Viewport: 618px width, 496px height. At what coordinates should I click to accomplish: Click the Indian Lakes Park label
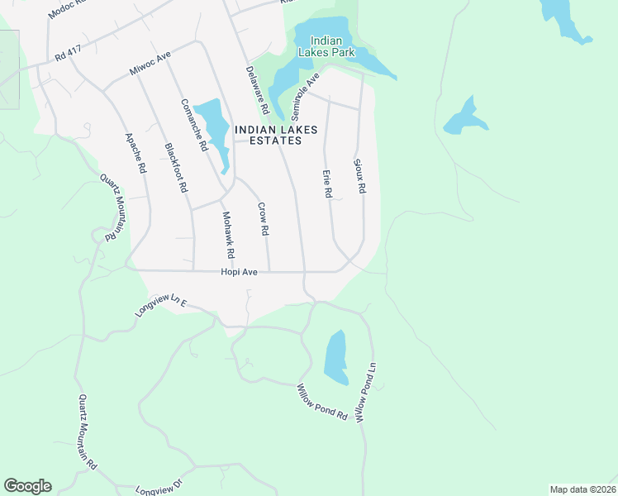pos(332,46)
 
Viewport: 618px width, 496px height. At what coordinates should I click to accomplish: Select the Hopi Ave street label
pos(240,271)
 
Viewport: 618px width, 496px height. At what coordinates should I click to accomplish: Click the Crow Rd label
pos(264,219)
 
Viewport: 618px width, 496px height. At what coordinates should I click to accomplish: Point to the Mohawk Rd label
pos(228,235)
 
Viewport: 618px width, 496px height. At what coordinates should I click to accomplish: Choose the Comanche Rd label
pos(194,124)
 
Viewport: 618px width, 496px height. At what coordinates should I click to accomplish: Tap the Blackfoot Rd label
pos(174,168)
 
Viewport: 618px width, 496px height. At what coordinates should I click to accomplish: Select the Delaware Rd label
pos(258,91)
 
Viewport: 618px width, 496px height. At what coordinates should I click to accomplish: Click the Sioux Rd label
pos(359,176)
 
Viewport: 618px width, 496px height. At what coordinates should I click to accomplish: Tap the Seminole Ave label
pos(306,97)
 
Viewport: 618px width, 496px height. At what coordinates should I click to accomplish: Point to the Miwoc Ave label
pos(150,64)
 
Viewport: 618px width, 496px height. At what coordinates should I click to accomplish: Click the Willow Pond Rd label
pos(322,402)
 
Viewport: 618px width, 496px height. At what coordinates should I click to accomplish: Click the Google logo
pos(27,486)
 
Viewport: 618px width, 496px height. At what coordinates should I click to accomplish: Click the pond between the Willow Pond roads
pos(335,357)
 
